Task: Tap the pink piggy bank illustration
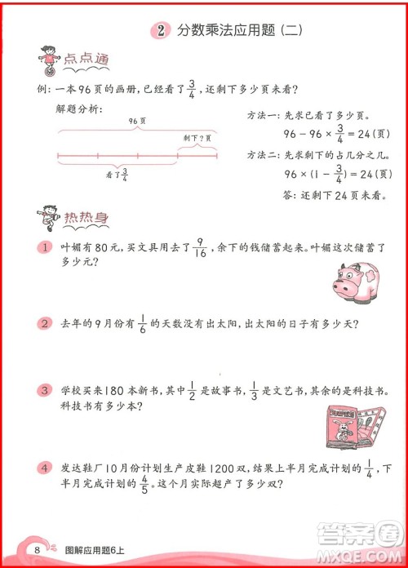pyautogui.click(x=357, y=280)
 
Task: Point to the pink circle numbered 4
pyautogui.click(x=44, y=468)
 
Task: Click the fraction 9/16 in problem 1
pyautogui.click(x=200, y=246)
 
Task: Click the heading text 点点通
pyautogui.click(x=86, y=61)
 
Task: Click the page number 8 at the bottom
pyautogui.click(x=38, y=549)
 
